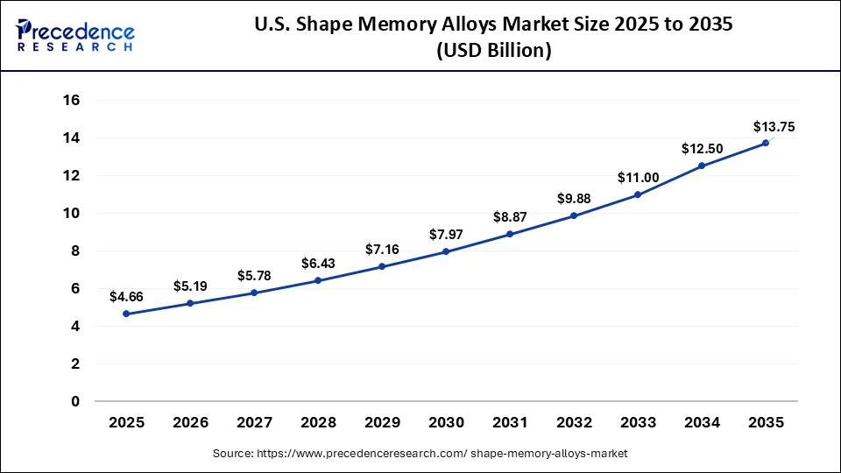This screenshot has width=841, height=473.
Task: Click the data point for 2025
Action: [x=127, y=314]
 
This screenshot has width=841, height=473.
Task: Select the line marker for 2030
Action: [x=446, y=251]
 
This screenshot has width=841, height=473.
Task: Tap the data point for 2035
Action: [x=766, y=143]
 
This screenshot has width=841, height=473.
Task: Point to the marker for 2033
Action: [x=638, y=194]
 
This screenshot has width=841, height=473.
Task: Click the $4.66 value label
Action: [x=126, y=297]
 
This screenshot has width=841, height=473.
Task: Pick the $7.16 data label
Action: [x=382, y=250]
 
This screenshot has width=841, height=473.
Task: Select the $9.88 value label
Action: [x=574, y=199]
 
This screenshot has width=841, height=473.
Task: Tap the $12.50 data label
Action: [x=702, y=149]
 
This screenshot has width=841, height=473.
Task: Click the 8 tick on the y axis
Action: [x=75, y=251]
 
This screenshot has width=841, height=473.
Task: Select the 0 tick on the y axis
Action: [x=75, y=402]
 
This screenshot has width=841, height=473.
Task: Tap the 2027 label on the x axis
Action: [x=254, y=423]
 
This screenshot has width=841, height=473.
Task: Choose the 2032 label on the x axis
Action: [x=574, y=423]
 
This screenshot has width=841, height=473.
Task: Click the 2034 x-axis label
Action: [x=702, y=423]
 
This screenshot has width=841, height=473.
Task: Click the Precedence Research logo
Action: [x=74, y=35]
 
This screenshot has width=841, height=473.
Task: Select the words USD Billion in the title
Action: [x=494, y=52]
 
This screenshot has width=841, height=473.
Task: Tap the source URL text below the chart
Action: [x=420, y=454]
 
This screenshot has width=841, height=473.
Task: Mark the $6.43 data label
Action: [x=318, y=264]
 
